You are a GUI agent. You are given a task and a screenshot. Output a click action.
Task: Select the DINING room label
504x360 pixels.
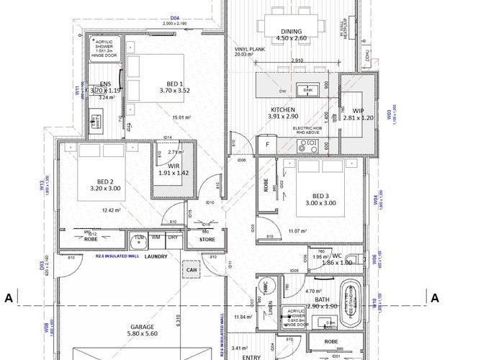pyautogui.click(x=291, y=32)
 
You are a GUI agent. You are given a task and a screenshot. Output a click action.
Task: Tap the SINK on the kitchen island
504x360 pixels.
pyautogui.click(x=307, y=90)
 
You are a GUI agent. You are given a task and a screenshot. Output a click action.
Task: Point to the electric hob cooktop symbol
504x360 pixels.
pyautogui.click(x=311, y=145)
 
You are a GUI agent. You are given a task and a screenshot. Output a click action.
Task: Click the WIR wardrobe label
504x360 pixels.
pyautogui.click(x=172, y=168)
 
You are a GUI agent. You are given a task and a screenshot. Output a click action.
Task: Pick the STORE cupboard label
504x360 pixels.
pyautogui.click(x=207, y=239)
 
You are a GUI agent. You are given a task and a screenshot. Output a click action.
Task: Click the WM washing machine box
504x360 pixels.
pyautogui.click(x=156, y=238)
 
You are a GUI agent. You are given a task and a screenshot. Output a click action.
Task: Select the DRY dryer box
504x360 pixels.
pyautogui.click(x=174, y=238)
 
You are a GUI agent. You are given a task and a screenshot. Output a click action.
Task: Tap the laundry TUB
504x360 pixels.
pyautogui.click(x=138, y=238)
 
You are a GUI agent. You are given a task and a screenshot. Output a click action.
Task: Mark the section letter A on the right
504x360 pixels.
pyautogui.click(x=434, y=297)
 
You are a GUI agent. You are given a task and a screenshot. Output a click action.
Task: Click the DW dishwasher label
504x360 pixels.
pyautogui.click(x=282, y=91)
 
